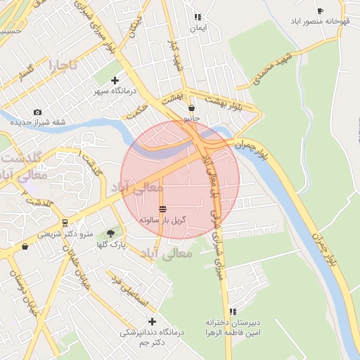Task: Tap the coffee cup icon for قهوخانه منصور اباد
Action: pos(321,11)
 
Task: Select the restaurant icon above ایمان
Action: pos(198,17)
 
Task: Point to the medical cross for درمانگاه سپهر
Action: pos(115,80)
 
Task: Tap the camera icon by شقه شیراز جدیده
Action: pos(37,112)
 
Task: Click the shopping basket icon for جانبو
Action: pos(192,108)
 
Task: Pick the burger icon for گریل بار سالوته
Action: pos(163,209)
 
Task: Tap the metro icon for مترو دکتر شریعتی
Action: pos(65,223)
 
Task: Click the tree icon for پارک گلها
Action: pos(110,233)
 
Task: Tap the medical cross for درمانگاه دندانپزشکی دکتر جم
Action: pos(151,321)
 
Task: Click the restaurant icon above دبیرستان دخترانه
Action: pos(233,311)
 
